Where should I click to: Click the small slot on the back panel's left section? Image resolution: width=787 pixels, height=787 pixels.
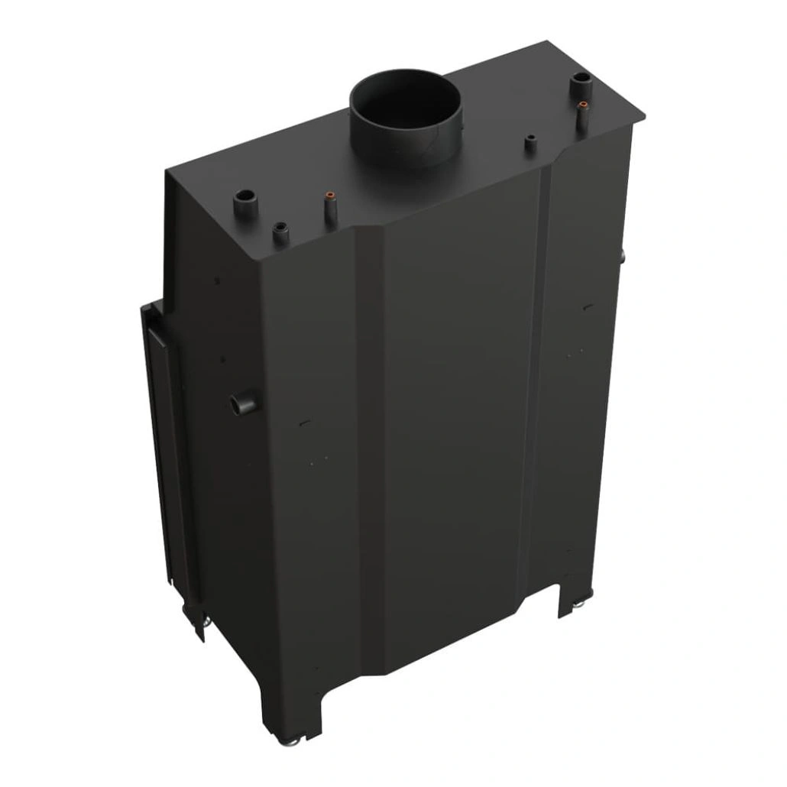point(304,423)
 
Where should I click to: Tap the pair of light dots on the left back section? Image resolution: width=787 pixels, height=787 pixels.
point(319,458)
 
